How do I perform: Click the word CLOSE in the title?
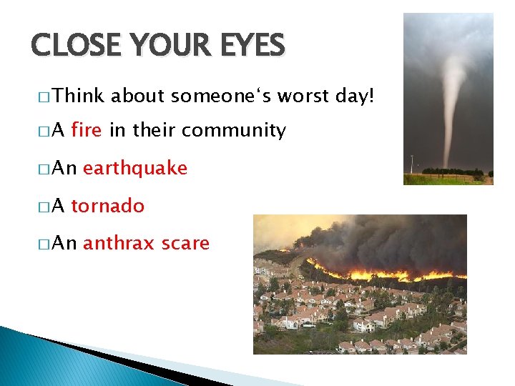click(72, 46)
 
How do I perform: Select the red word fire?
click(87, 130)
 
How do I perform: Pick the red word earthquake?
click(135, 168)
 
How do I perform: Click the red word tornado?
click(107, 206)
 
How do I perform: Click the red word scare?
click(185, 243)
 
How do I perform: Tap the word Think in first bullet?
click(79, 95)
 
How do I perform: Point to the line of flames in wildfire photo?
click(372, 274)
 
